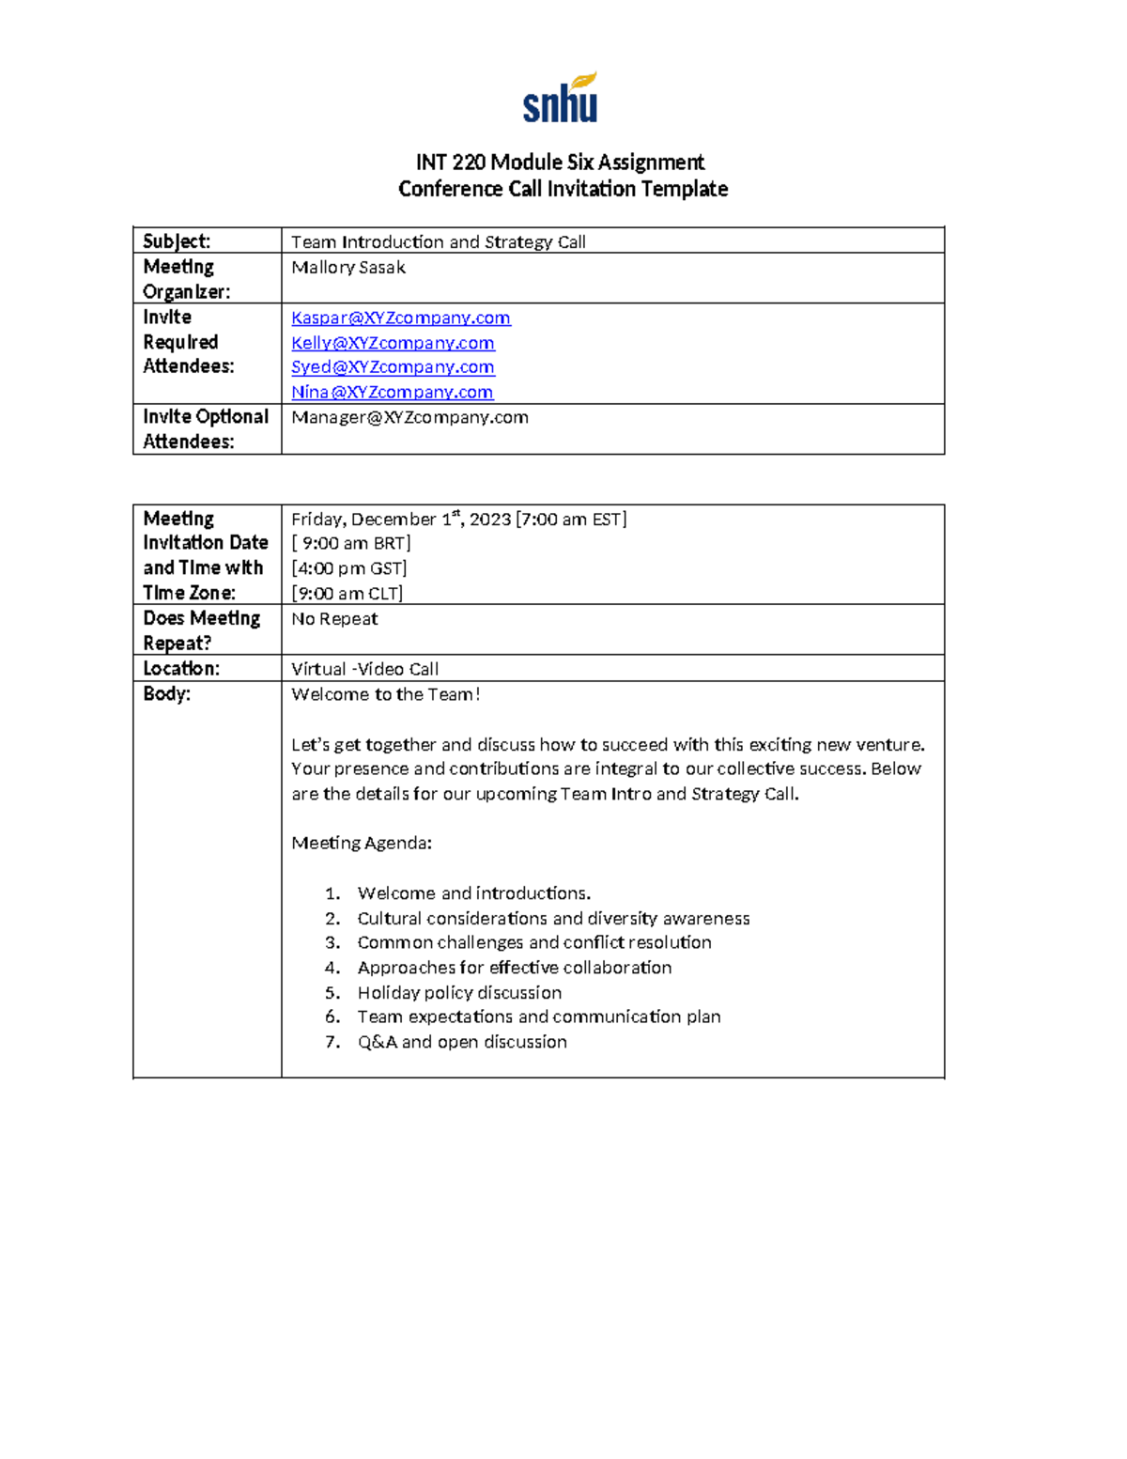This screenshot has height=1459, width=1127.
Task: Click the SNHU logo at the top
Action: [x=561, y=99]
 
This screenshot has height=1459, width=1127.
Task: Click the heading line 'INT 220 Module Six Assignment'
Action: [x=561, y=163]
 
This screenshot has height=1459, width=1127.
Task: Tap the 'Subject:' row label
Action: [x=177, y=241]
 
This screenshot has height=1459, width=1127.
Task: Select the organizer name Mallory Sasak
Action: [x=348, y=268]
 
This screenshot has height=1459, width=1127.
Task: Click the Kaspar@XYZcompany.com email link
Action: [x=401, y=318]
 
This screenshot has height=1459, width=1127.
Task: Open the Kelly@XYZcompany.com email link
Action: [x=393, y=343]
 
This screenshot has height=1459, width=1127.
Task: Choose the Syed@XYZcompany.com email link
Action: [x=393, y=367]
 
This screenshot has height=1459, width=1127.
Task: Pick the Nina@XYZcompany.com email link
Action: [x=392, y=392]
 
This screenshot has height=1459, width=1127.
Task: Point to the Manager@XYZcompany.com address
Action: [x=409, y=417]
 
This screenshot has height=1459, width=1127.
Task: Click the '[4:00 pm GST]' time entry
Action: [x=348, y=568]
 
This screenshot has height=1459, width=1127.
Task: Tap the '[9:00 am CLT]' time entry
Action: [x=347, y=594]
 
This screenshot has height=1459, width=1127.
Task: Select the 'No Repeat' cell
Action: [x=334, y=619]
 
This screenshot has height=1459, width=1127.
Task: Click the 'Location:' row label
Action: [x=181, y=669]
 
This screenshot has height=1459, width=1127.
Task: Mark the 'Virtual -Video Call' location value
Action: [x=364, y=669]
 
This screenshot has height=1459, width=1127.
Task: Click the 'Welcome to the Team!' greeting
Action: [x=385, y=694]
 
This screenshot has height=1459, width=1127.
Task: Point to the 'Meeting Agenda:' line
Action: [x=362, y=843]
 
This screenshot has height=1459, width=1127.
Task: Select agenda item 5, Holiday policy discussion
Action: [x=459, y=993]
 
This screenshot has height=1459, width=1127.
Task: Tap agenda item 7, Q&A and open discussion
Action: [x=462, y=1042]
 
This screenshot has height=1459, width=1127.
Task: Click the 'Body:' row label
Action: [x=167, y=694]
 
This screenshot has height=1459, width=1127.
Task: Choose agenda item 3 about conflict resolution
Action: [x=533, y=942]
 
